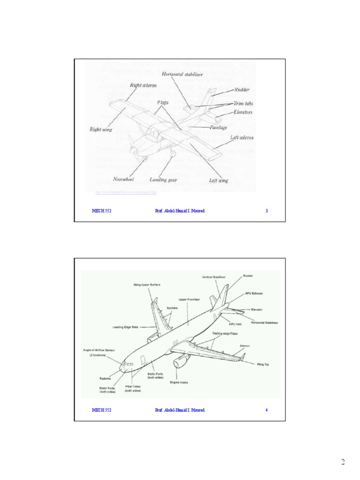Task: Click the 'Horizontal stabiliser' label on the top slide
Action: (182, 74)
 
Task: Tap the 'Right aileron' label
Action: (143, 85)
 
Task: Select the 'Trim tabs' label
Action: (243, 104)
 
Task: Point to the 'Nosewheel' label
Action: (124, 179)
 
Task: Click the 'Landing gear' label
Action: (162, 180)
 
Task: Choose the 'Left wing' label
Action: (218, 180)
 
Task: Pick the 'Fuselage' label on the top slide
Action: (218, 127)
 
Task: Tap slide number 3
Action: (267, 211)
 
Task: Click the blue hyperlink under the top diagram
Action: (125, 192)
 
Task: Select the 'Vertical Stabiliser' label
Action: (214, 277)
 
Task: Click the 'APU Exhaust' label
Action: (254, 293)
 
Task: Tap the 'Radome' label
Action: (105, 378)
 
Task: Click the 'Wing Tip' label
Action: (263, 364)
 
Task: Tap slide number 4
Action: (267, 410)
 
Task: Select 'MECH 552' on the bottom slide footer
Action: (101, 410)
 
